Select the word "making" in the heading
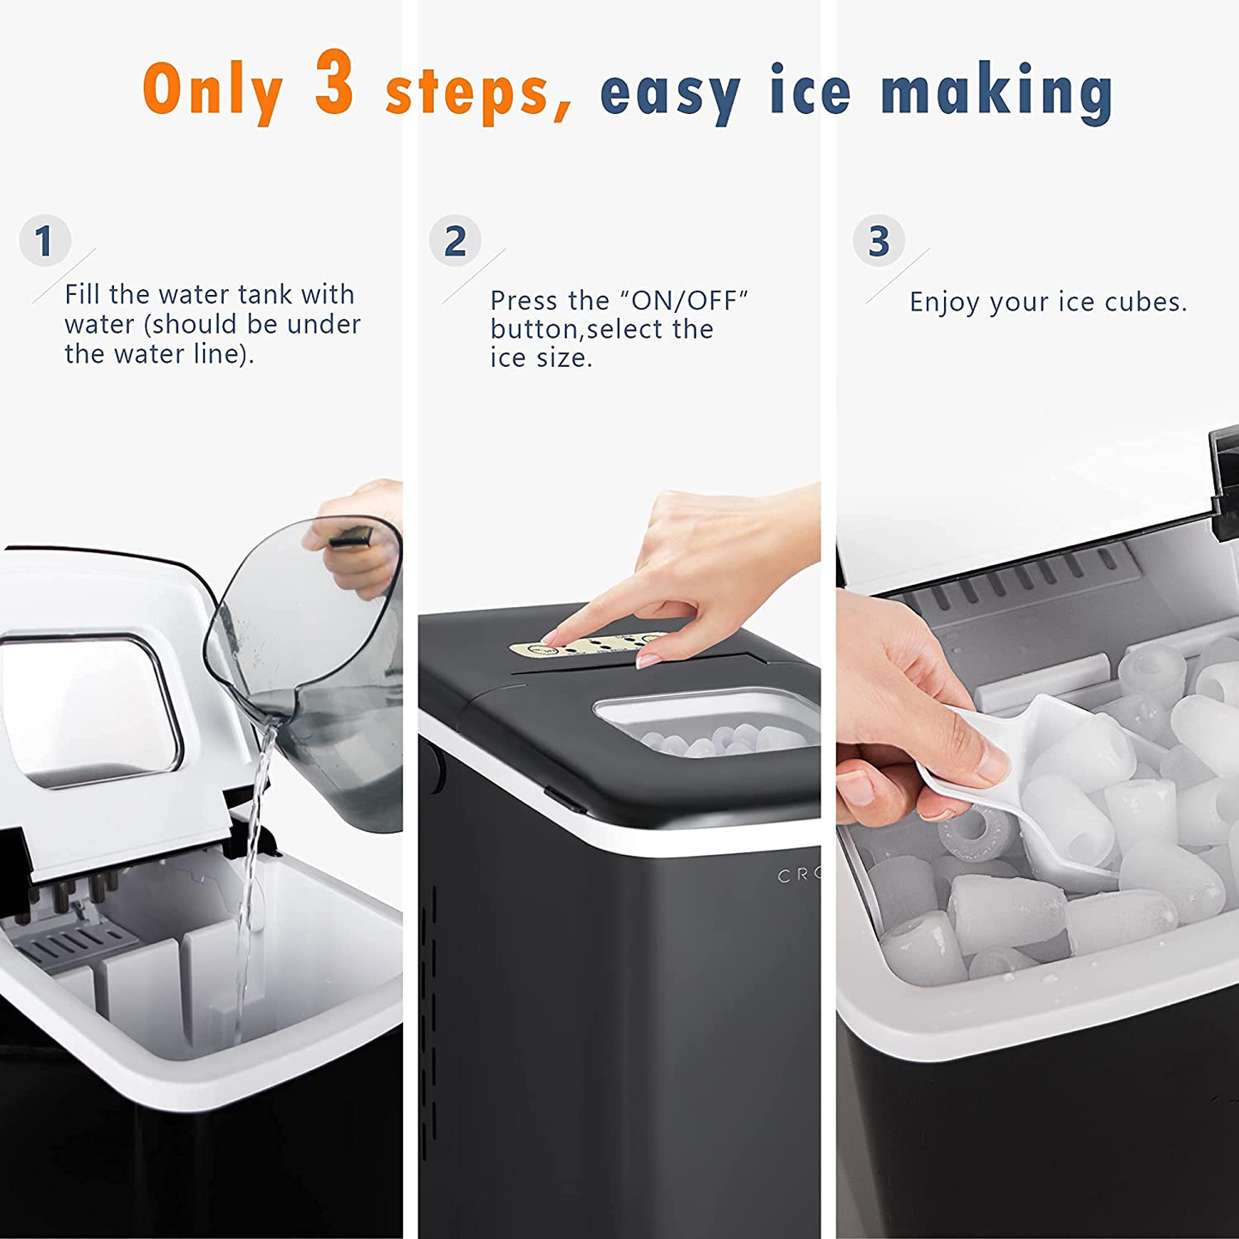click(x=997, y=91)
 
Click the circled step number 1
click(x=45, y=241)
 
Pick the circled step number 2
click(x=455, y=241)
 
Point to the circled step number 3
click(x=878, y=241)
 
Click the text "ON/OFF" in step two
click(x=683, y=301)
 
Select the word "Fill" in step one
click(x=82, y=294)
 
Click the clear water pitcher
click(x=326, y=677)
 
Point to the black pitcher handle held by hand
click(x=351, y=539)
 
